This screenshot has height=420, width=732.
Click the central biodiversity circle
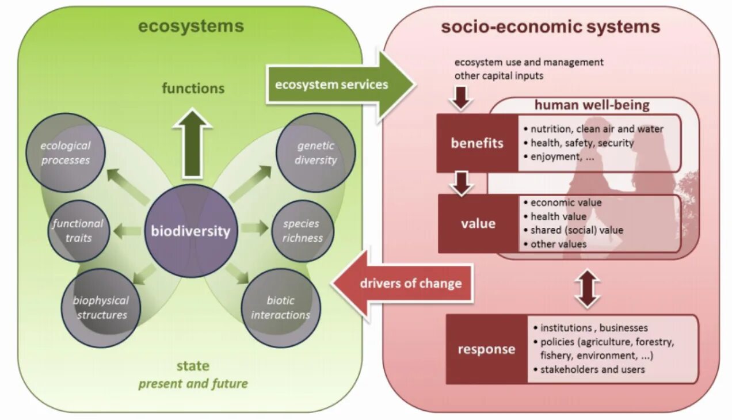pos(190,231)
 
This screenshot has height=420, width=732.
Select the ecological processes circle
pos(65,152)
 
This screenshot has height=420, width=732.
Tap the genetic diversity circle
pos(315,152)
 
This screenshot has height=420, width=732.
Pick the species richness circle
pos(302,230)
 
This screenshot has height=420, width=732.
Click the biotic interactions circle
pos(280,307)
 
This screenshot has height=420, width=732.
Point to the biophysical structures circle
pos(100,307)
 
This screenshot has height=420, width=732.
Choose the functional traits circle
pos(78,230)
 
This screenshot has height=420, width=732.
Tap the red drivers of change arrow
pos(403,283)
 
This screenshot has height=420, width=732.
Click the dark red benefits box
pos(477,143)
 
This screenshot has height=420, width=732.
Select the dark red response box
pos(486,349)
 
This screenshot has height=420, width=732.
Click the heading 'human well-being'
pos(592,105)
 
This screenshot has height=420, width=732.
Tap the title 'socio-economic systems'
pos(550,26)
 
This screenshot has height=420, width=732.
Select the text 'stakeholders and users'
pos(593,369)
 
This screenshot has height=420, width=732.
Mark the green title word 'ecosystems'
pos(190,26)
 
